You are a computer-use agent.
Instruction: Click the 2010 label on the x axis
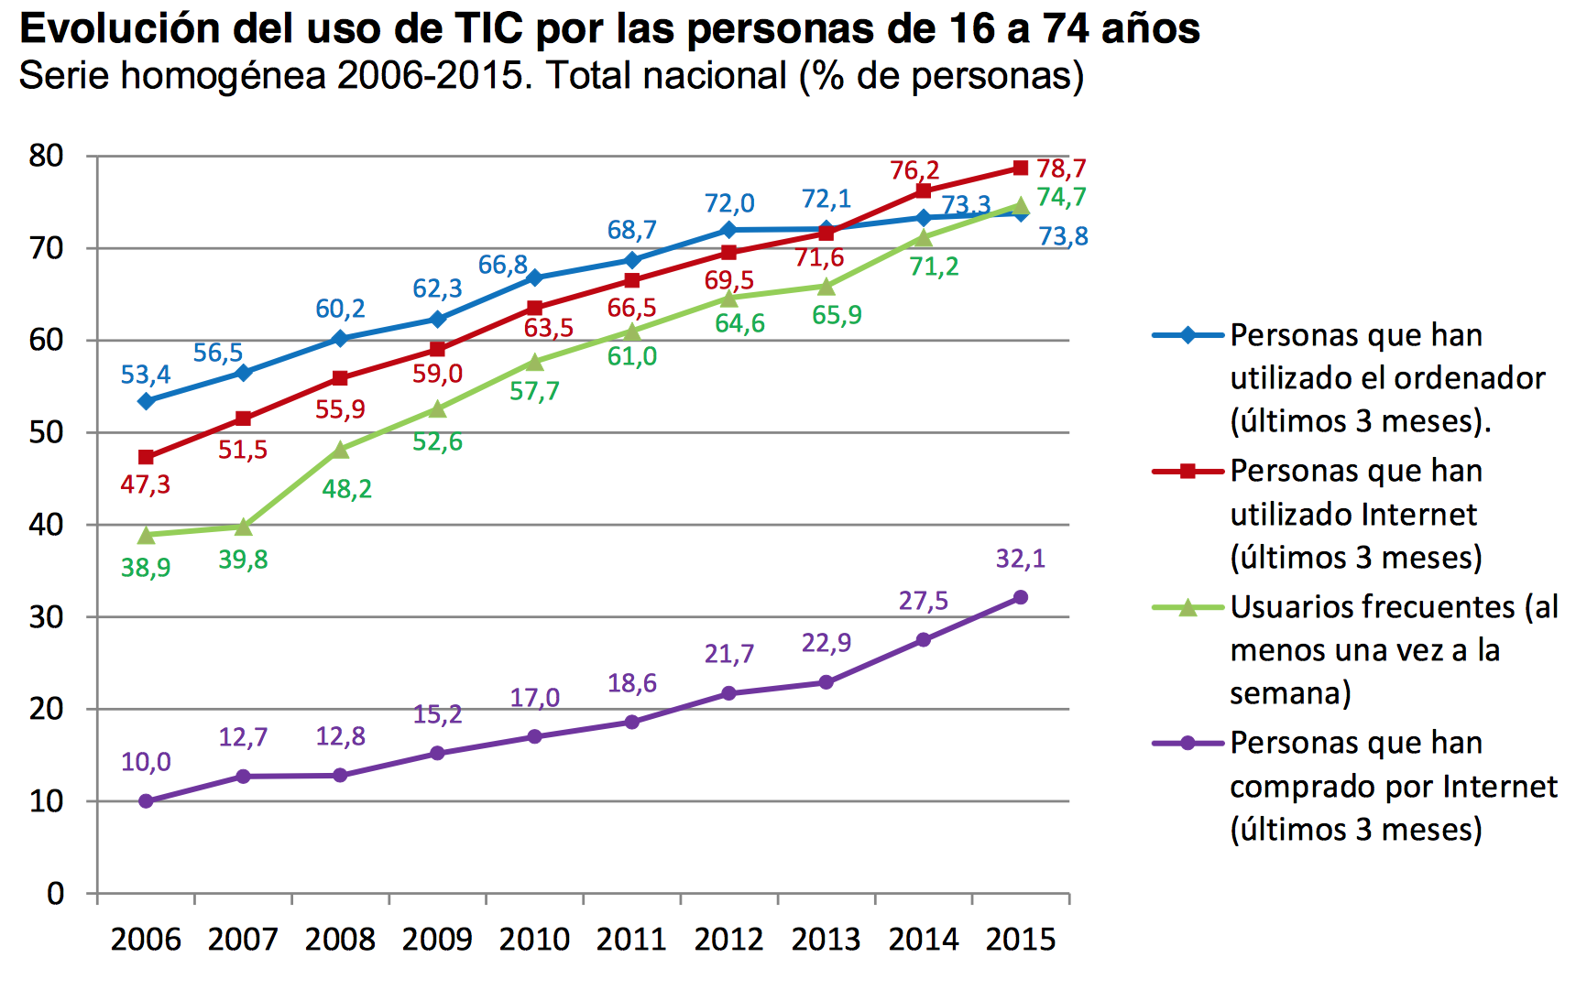[x=534, y=940]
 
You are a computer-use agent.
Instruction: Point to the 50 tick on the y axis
[x=46, y=432]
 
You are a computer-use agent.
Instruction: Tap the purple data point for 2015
[x=1020, y=598]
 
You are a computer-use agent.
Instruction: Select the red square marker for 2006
[x=146, y=457]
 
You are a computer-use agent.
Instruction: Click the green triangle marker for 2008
[x=341, y=450]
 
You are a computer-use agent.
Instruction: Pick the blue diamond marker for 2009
[x=437, y=319]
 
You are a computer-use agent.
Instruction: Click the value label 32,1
[x=1020, y=559]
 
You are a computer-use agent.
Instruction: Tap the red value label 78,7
[x=1061, y=169]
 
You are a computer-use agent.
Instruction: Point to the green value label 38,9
[x=146, y=568]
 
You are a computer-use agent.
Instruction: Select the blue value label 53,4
[x=146, y=375]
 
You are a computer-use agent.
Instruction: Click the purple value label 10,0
[x=146, y=762]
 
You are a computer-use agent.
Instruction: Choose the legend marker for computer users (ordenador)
[x=1188, y=335]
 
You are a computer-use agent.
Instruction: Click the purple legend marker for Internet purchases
[x=1188, y=743]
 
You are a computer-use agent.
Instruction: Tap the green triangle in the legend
[x=1188, y=607]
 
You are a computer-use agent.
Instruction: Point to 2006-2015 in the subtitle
[x=434, y=75]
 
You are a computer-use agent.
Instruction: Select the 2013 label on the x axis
[x=826, y=940]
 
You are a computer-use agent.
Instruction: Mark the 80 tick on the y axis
[x=46, y=156]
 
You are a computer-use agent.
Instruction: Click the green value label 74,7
[x=1061, y=197]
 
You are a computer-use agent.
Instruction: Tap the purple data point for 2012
[x=728, y=693]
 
